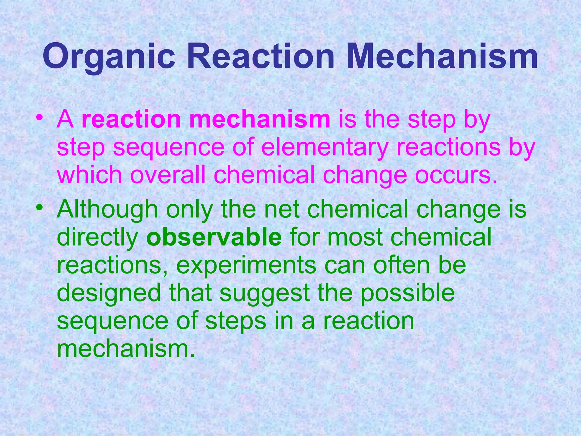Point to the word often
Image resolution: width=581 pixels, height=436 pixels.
[x=403, y=265]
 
